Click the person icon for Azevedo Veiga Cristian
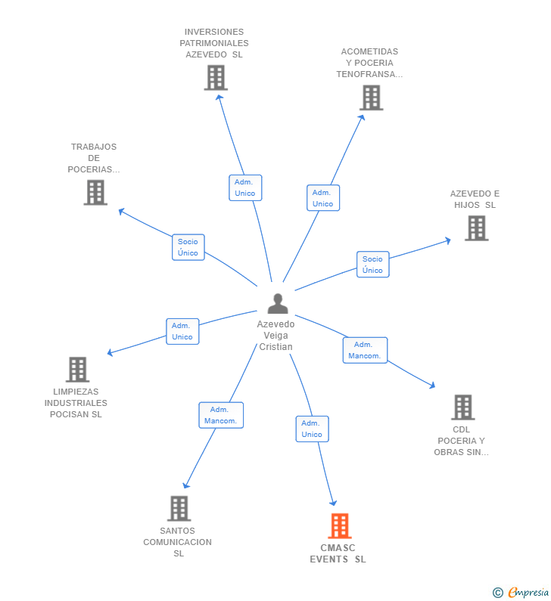[x=278, y=304]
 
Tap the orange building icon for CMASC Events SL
[x=340, y=526]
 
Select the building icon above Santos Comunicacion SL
[x=179, y=508]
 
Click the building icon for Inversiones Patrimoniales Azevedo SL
[x=216, y=78]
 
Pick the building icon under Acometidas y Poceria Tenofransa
[x=371, y=98]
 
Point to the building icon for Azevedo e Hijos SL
[x=476, y=228]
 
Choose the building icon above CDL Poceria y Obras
[x=462, y=407]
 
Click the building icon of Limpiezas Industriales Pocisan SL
[x=77, y=370]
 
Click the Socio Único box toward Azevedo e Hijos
[x=372, y=265]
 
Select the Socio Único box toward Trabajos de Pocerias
[x=188, y=247]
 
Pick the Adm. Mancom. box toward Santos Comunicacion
[x=221, y=415]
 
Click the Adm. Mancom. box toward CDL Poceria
[x=365, y=350]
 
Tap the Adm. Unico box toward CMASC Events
[x=312, y=429]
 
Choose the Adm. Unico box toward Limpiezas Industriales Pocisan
[x=182, y=331]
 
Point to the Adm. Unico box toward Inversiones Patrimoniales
[x=245, y=187]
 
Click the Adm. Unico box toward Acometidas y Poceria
[x=323, y=198]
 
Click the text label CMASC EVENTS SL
[x=338, y=554]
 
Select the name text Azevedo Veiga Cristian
[x=276, y=335]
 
